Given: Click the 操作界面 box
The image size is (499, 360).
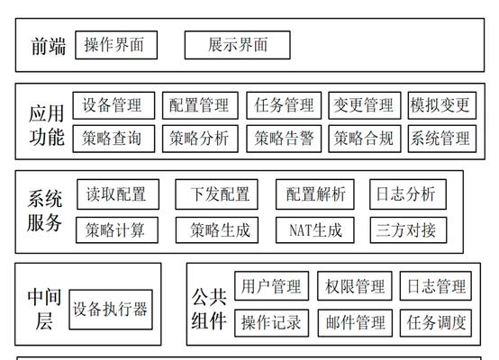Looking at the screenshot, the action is [116, 45].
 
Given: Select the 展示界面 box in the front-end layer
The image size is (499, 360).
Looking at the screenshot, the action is [238, 45].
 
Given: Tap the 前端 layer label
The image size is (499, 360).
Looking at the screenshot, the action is [49, 46].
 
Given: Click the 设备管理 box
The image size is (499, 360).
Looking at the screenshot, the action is [113, 105].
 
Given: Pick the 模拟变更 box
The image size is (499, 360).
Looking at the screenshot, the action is [442, 105].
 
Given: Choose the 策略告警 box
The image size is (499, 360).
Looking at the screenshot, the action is [284, 139].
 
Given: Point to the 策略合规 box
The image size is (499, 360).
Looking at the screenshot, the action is [365, 139].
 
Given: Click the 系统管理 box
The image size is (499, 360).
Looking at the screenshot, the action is [442, 139].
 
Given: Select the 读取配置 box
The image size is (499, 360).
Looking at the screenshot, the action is [118, 194].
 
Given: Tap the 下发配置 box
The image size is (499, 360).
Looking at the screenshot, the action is [216, 194].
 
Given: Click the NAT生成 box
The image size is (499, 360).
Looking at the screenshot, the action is [315, 230].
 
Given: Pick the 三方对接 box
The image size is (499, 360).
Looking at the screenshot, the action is [408, 230].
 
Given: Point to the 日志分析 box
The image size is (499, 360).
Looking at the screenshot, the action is [408, 194].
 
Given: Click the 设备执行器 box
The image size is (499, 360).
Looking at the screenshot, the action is [111, 310].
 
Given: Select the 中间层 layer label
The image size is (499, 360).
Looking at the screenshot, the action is [44, 309].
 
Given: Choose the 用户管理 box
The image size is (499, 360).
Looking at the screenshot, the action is [271, 286].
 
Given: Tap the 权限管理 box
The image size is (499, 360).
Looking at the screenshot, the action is [355, 286].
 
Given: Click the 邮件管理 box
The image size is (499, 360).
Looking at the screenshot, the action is [355, 323].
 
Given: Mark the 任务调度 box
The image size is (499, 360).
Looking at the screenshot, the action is [436, 323].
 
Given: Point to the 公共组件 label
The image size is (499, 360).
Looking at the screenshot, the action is [209, 309].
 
